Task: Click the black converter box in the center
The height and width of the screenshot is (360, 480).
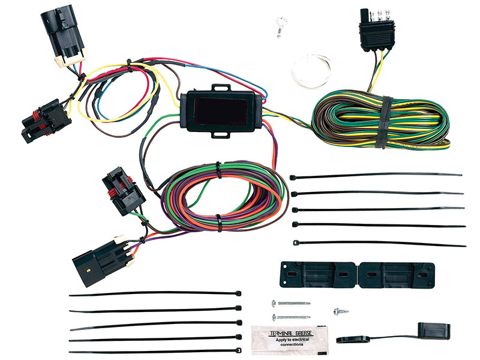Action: pos(220,111)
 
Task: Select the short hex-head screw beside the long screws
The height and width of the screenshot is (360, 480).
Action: pos(341,312)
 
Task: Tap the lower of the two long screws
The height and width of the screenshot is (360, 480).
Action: pos(290,316)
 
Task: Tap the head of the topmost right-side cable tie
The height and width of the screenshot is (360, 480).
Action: pos(295,177)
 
